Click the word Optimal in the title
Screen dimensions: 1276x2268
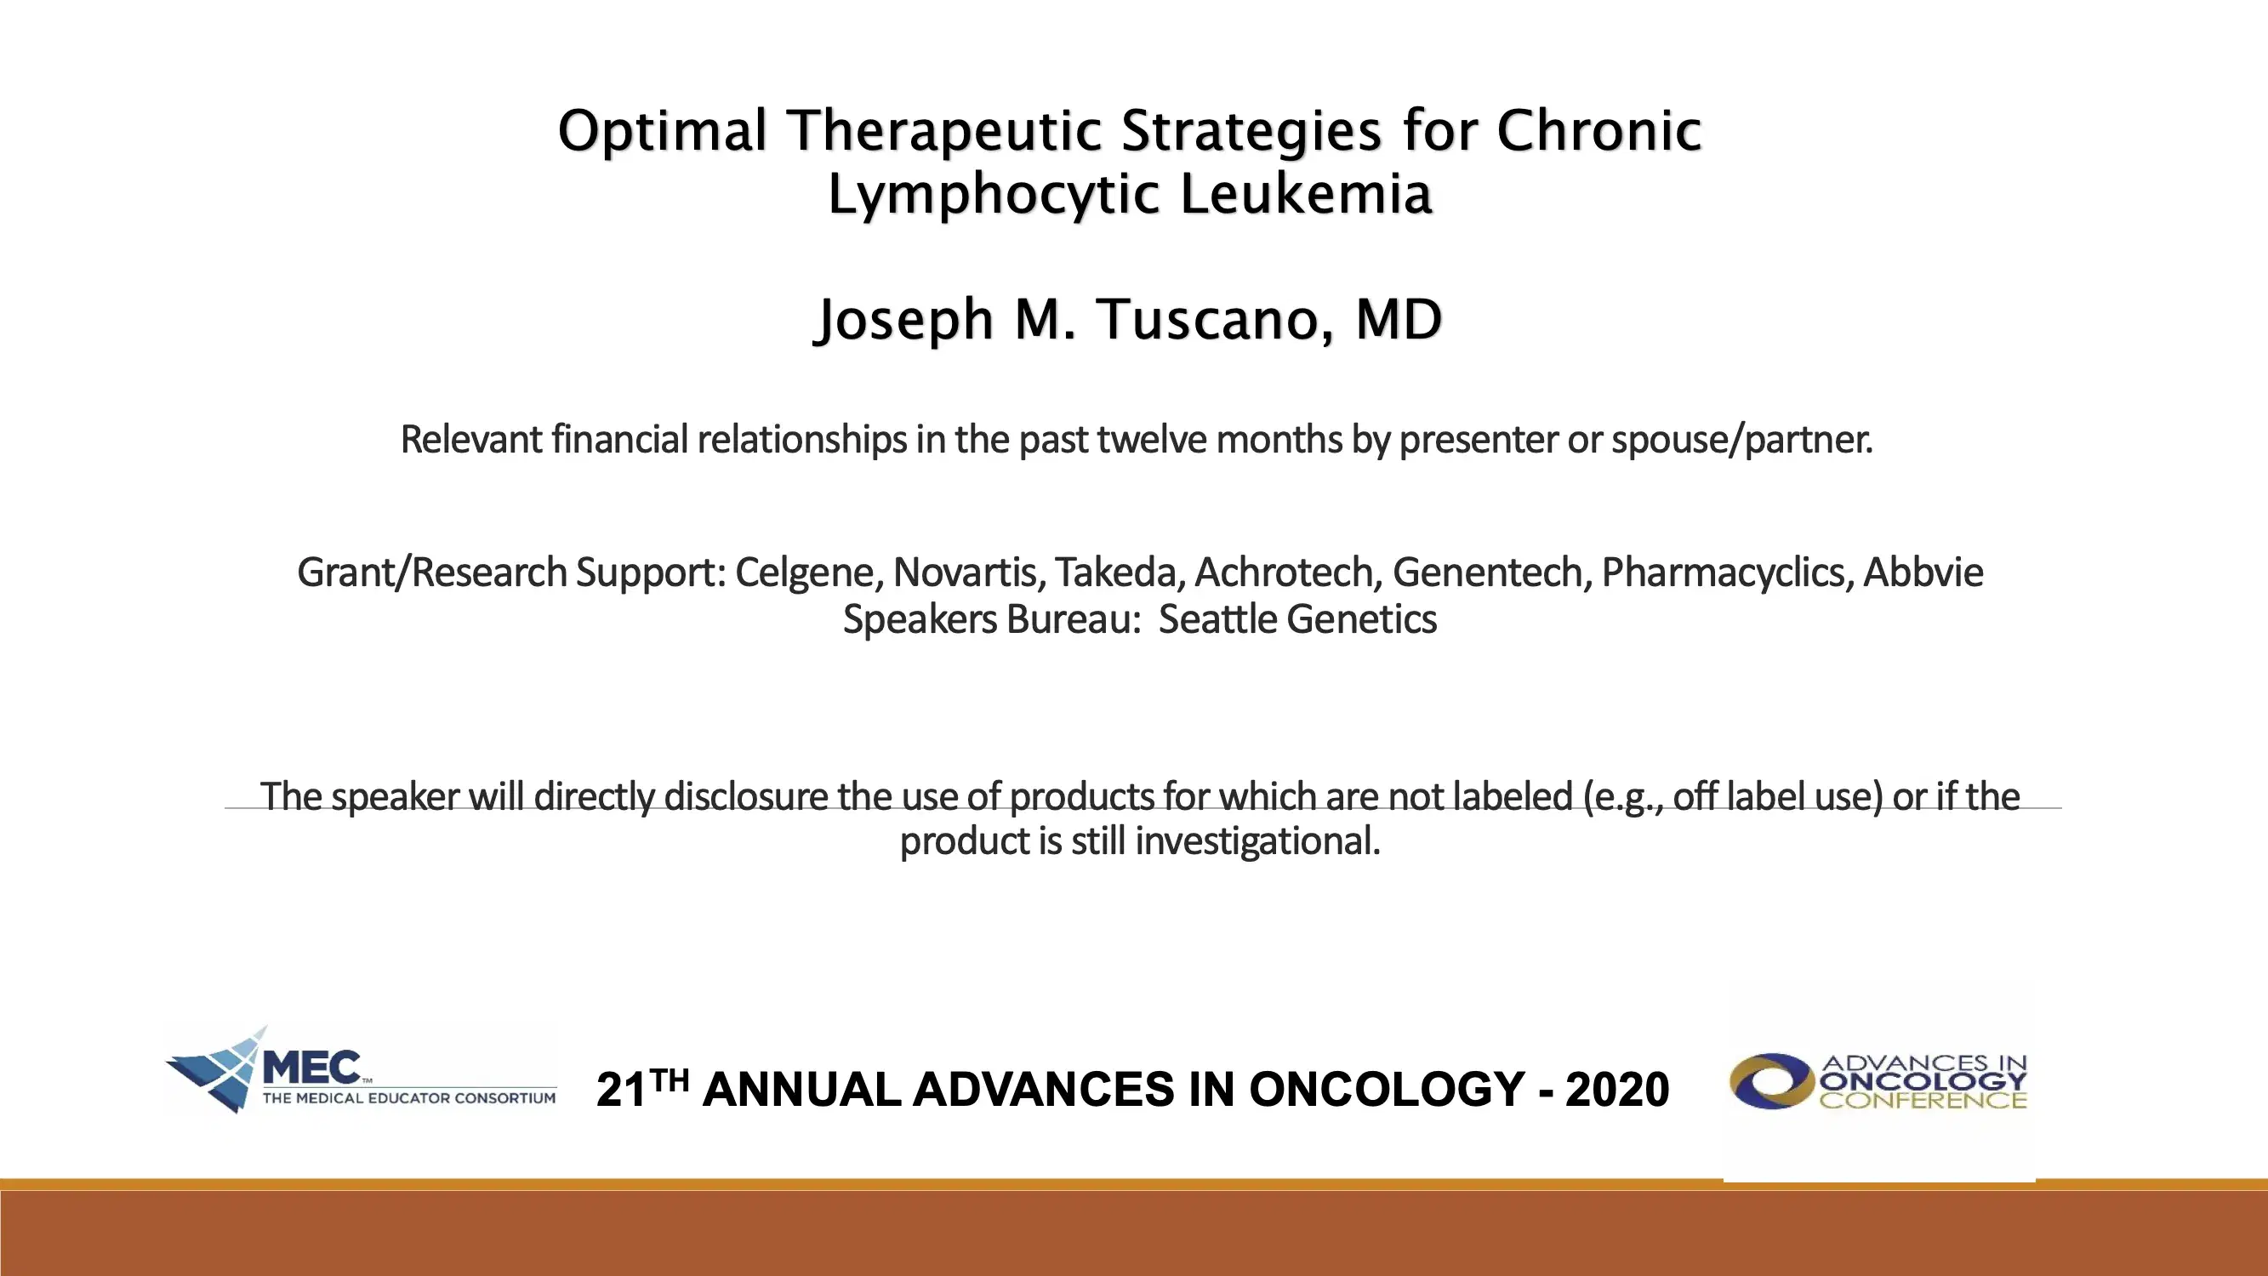pos(662,132)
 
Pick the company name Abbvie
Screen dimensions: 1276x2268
pos(1923,572)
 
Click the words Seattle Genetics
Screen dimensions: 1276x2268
pos(1296,619)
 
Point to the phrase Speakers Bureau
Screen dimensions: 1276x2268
pos(990,619)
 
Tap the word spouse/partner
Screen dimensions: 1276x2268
pos(1741,440)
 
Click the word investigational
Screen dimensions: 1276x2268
pos(1257,841)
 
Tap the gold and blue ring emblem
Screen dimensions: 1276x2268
pos(1769,1081)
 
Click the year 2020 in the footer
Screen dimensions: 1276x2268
pos(1616,1090)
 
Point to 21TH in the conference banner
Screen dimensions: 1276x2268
pos(641,1087)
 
